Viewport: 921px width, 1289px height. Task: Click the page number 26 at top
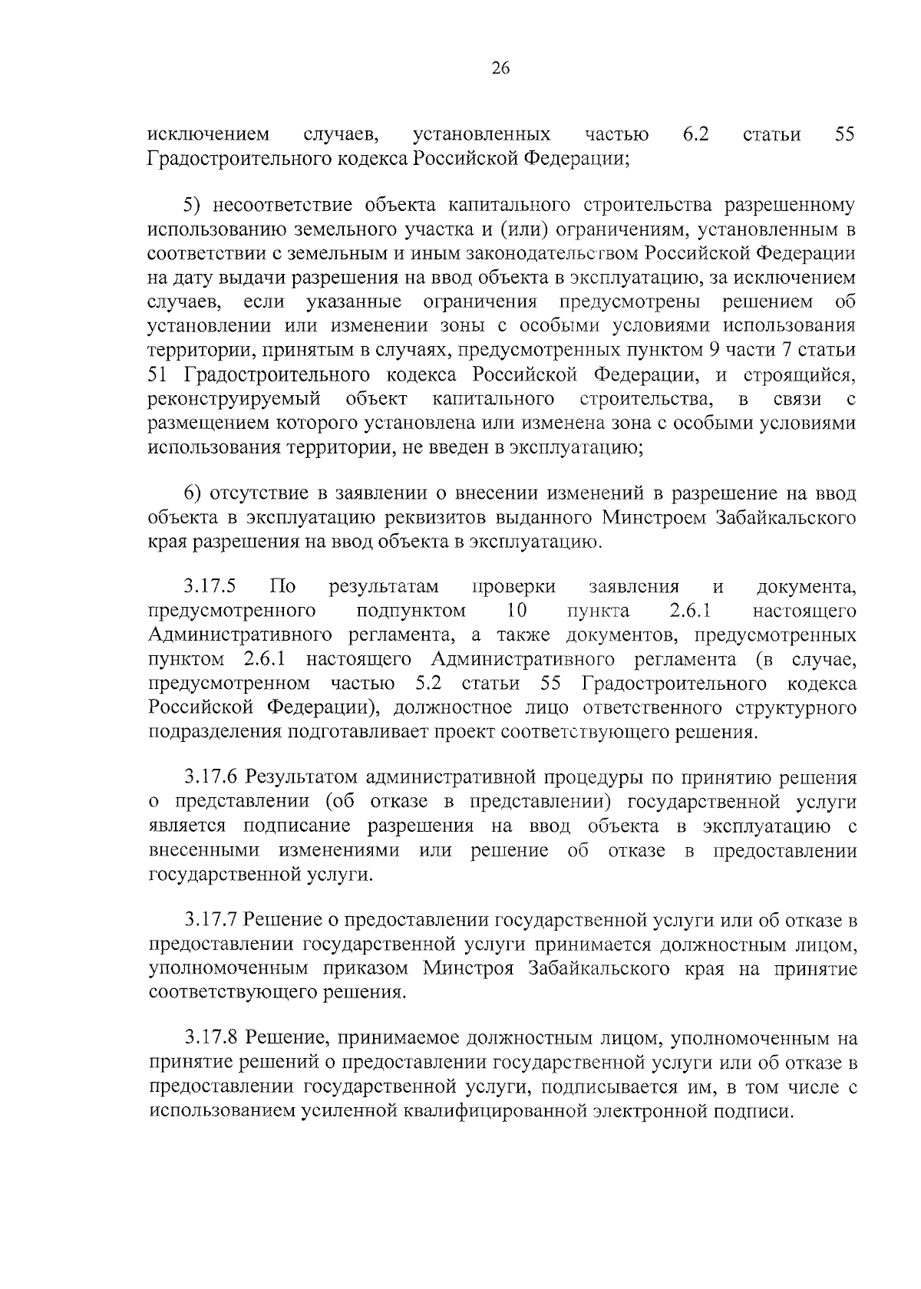[500, 68]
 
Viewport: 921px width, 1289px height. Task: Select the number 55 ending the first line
[844, 135]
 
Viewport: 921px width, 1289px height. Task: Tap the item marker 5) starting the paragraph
[193, 205]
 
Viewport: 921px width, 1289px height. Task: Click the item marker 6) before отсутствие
[193, 493]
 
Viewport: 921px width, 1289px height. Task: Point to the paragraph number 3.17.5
[210, 587]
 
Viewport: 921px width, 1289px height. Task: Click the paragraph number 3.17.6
[210, 777]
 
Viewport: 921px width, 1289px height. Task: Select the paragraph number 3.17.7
[210, 920]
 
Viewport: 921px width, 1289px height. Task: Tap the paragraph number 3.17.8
[210, 1039]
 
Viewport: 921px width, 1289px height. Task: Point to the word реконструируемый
[233, 399]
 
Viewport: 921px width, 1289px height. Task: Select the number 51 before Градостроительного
[157, 375]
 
